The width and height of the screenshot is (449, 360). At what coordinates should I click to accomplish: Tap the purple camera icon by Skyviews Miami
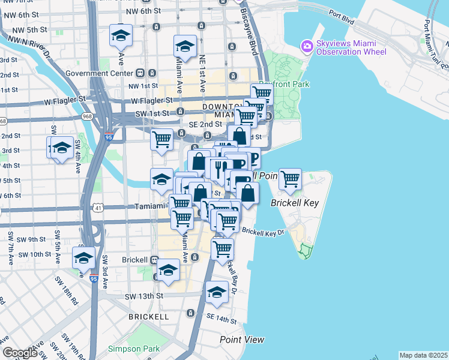pos(307,46)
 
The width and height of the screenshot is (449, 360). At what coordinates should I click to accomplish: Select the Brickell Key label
pos(294,203)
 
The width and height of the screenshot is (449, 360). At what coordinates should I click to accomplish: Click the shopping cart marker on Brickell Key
pos(290,179)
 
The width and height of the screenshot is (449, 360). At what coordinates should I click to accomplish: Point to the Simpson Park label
pos(133,349)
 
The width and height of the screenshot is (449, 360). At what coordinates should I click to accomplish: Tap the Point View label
pos(242,340)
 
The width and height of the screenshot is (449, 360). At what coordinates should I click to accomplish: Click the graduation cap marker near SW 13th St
pos(217,292)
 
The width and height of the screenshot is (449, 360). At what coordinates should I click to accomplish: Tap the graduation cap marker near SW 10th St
pos(83,257)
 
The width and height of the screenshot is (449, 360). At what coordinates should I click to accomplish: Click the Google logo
pos(20,353)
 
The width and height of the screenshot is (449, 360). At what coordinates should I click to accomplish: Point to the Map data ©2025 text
pos(423,355)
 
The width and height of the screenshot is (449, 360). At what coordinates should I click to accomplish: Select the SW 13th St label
pos(144,296)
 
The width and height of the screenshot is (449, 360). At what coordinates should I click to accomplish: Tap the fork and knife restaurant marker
pos(218,168)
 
